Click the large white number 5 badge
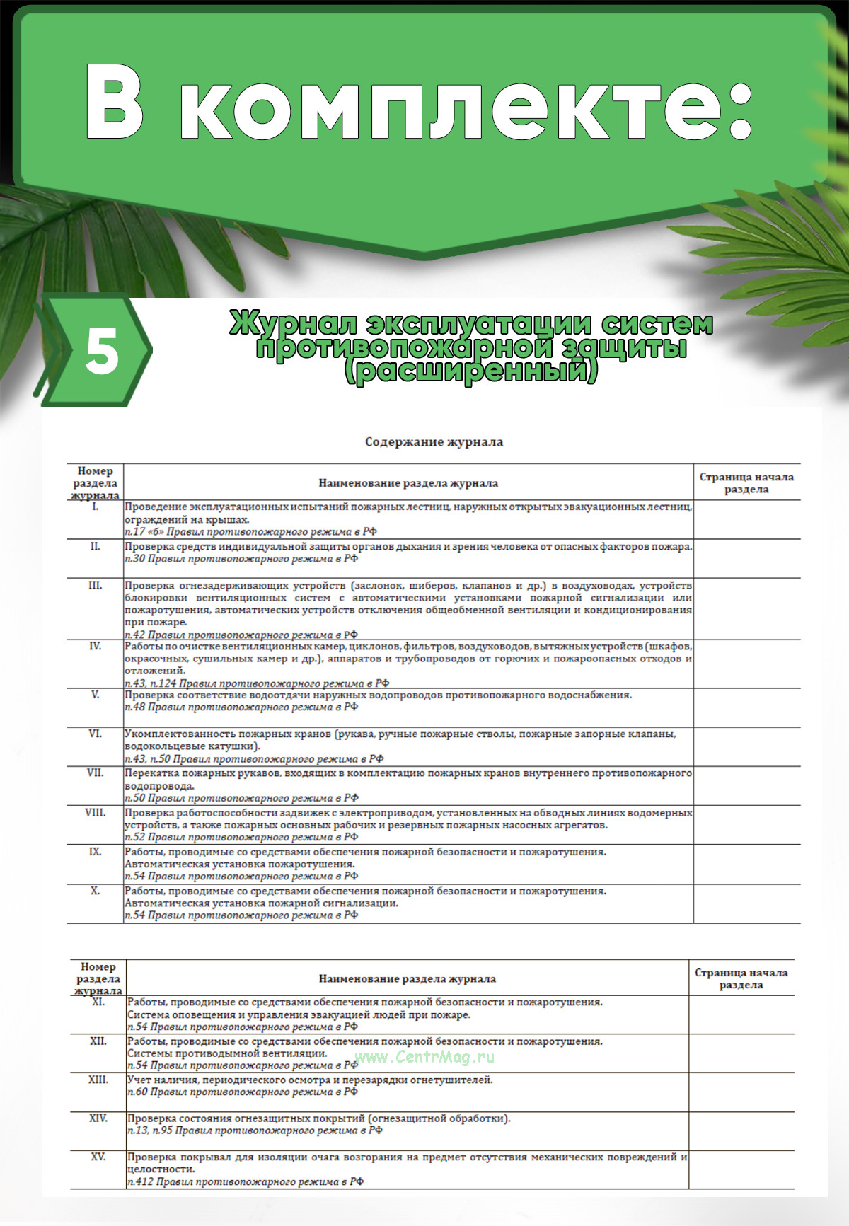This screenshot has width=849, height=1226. [102, 352]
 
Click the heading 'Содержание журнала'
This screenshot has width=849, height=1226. [434, 442]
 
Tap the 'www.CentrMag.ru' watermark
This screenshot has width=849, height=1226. [424, 1057]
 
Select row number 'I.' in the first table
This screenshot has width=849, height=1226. [95, 507]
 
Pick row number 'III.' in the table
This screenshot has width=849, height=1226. [95, 585]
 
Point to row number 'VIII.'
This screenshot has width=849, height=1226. [95, 813]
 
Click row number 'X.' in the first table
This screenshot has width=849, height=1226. [95, 891]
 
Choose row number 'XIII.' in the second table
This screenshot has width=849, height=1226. [98, 1080]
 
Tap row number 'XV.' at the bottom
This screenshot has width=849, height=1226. [98, 1157]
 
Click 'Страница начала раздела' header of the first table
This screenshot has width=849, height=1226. [746, 483]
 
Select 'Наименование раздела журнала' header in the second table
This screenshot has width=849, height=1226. [407, 979]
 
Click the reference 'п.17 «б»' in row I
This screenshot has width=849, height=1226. [144, 531]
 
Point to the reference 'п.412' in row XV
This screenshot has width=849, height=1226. [140, 1181]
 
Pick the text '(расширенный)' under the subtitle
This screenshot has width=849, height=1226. [470, 371]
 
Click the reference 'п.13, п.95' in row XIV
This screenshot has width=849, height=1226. [149, 1130]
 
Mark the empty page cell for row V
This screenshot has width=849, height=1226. [746, 707]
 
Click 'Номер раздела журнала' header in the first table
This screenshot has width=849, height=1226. [95, 483]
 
